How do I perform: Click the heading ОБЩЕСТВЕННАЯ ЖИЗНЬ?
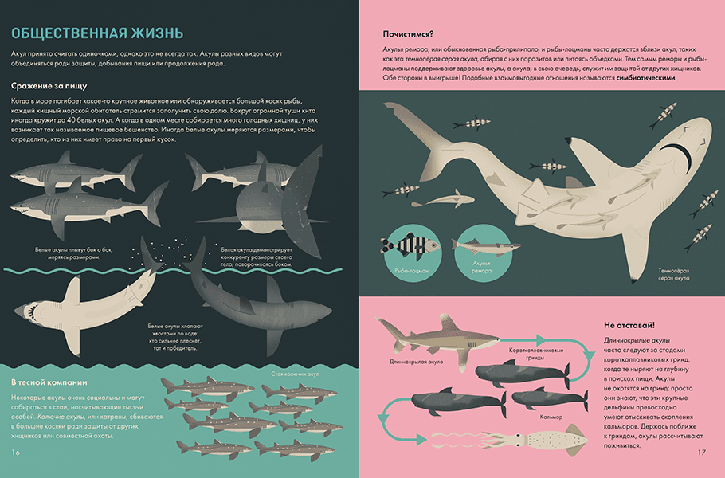tap(97, 33)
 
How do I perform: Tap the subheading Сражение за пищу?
tap(49, 86)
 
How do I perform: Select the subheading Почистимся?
tap(408, 34)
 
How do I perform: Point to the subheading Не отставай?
tap(629, 326)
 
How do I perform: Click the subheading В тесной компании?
tap(49, 382)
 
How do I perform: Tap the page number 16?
tap(16, 453)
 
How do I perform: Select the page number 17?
tap(701, 453)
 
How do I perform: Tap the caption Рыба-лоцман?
tap(412, 271)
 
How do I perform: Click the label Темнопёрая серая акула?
tap(674, 275)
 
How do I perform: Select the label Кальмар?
tap(551, 417)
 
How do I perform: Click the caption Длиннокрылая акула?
tap(416, 362)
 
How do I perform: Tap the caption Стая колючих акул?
tap(295, 374)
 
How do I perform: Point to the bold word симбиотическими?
tap(646, 78)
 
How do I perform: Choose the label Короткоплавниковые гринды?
tap(536, 354)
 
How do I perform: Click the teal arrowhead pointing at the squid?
tap(421, 440)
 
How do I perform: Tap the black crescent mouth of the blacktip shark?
tap(678, 153)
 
